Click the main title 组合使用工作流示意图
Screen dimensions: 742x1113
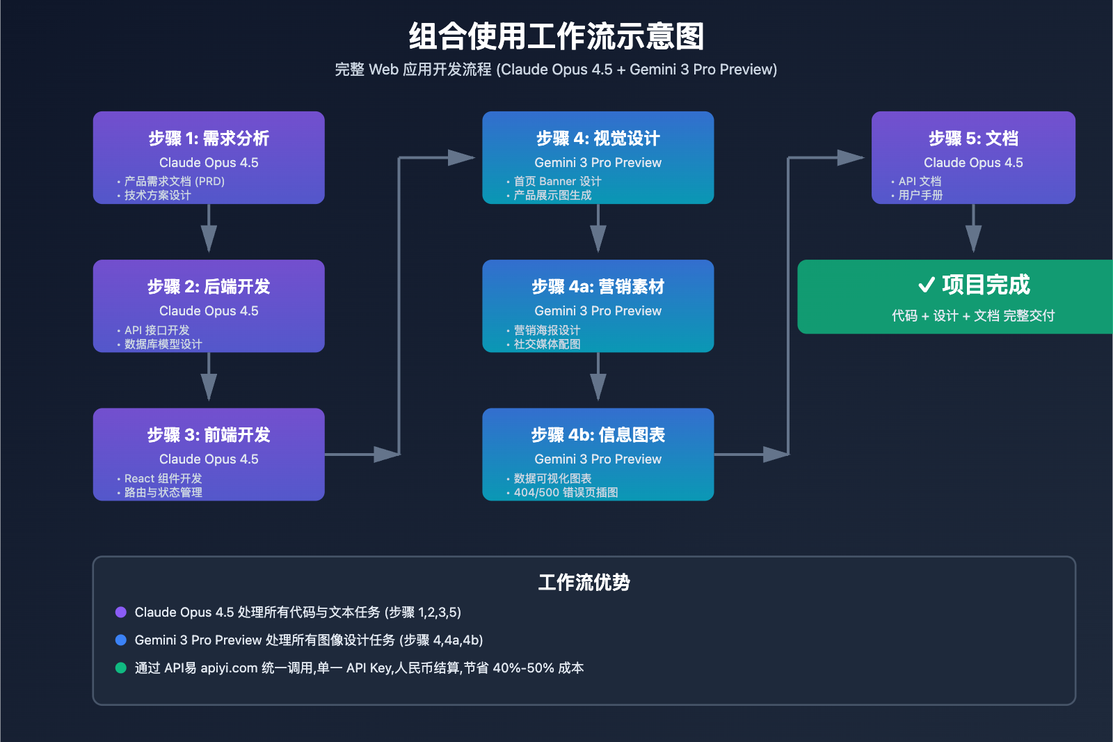click(x=556, y=36)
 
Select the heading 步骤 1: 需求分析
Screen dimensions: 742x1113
click(x=209, y=139)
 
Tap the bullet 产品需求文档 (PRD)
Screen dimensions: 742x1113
click(x=175, y=182)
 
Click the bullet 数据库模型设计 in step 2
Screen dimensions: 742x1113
click(x=163, y=344)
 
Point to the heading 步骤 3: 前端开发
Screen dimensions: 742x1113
click(x=209, y=435)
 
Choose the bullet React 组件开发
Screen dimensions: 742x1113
click(x=163, y=479)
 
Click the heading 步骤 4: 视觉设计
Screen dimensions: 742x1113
click(x=598, y=139)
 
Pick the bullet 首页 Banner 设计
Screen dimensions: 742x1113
click(x=557, y=182)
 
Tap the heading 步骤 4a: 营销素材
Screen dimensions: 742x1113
click(x=598, y=287)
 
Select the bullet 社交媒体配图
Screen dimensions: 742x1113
click(x=547, y=344)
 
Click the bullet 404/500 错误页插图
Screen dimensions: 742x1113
click(x=566, y=493)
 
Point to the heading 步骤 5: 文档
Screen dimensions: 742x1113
click(x=973, y=139)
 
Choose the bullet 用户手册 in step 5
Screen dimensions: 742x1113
click(x=920, y=196)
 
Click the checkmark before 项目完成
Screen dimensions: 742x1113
click(x=926, y=285)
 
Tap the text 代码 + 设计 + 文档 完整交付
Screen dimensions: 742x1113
click(x=973, y=316)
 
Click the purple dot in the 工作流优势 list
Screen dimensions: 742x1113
click(x=120, y=613)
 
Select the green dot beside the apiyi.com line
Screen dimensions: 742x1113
click(x=120, y=668)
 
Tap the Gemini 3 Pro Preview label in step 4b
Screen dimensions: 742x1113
click(x=598, y=459)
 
